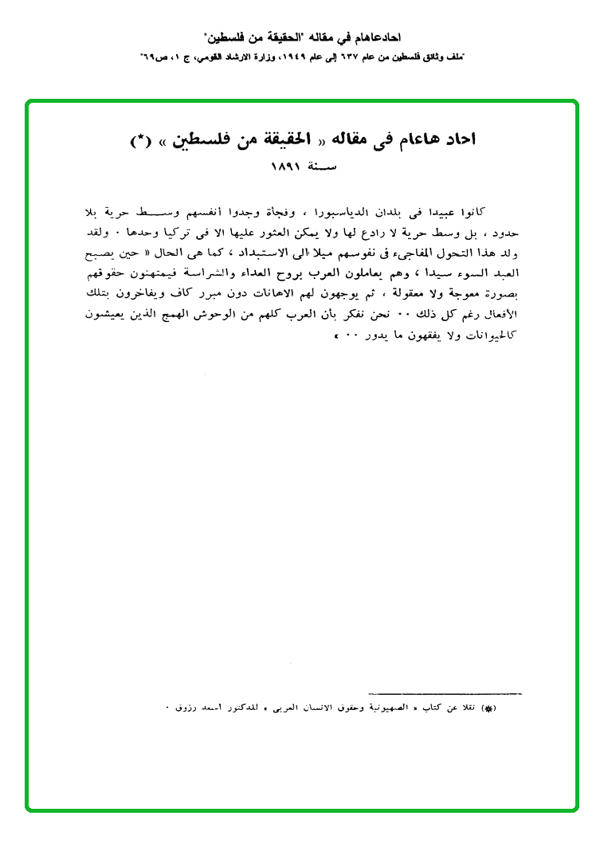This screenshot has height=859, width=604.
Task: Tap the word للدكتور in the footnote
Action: [248, 708]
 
